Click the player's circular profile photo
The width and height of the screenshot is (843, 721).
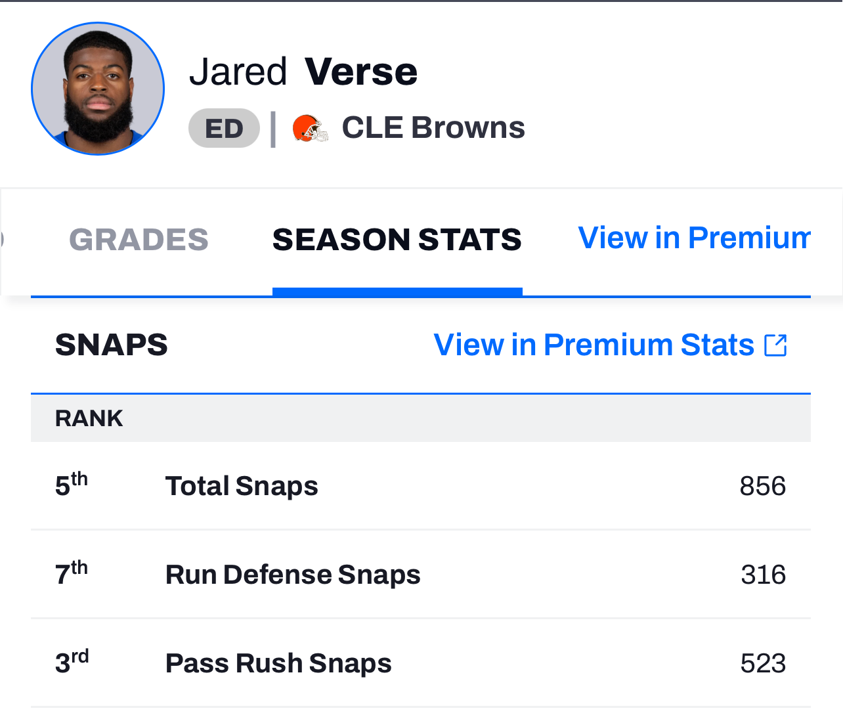tap(98, 89)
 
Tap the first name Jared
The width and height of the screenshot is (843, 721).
tap(238, 72)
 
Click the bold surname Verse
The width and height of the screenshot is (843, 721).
tap(361, 72)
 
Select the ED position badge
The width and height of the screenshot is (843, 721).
tap(224, 128)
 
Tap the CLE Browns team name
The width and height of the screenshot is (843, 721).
tap(433, 127)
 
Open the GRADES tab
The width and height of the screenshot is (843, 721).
tap(139, 240)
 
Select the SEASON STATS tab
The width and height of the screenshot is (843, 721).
tap(397, 240)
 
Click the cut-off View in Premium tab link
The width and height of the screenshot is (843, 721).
tap(694, 238)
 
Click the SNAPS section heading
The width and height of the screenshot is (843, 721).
tap(112, 345)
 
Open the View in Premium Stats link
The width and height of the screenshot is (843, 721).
tap(594, 345)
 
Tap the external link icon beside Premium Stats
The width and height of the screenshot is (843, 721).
tap(775, 345)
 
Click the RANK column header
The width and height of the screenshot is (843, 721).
tap(89, 418)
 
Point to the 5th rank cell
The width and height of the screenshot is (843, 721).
tap(72, 485)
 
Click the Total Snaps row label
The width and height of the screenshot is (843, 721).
tap(242, 486)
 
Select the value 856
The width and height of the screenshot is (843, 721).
tap(763, 486)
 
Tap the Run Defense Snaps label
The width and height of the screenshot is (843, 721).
tap(293, 575)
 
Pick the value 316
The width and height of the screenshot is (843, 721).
tap(763, 575)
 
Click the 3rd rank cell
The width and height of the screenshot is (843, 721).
tap(72, 662)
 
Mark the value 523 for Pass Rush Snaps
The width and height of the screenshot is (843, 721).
tap(763, 663)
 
